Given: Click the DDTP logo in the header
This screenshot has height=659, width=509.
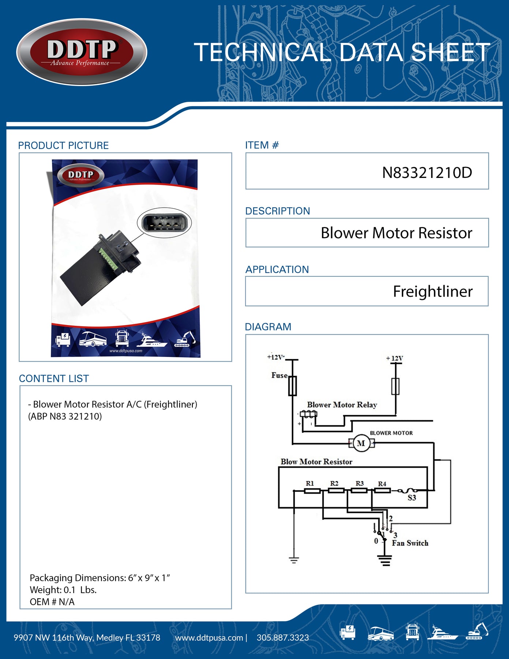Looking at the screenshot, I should [82, 52].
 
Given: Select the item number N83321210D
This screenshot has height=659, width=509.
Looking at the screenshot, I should [427, 173].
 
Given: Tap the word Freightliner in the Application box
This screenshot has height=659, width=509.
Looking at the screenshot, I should [433, 292].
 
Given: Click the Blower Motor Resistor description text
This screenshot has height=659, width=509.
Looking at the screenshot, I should [396, 233].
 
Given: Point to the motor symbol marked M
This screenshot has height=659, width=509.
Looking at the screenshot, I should [361, 443].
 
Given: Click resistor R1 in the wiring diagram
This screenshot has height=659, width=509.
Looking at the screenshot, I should [312, 491].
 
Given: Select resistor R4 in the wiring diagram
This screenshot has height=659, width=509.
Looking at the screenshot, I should [382, 490].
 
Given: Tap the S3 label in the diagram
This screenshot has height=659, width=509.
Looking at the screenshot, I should [412, 498].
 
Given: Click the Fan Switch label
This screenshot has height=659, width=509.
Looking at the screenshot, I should [410, 543].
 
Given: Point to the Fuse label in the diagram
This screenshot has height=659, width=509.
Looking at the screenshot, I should [279, 375].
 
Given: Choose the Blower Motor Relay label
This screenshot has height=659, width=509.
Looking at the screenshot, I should [342, 405].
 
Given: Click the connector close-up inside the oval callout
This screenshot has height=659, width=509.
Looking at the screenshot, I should [164, 223].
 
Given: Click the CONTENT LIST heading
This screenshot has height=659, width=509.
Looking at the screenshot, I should [54, 379].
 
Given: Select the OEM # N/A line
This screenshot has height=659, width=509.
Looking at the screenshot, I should [52, 602].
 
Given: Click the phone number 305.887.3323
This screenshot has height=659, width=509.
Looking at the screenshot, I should [282, 638].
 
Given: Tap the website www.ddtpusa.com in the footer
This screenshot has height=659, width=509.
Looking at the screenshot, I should [209, 638].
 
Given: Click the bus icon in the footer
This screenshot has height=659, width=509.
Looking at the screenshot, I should [380, 633].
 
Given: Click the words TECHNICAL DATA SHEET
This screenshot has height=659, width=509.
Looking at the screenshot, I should [342, 52].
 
